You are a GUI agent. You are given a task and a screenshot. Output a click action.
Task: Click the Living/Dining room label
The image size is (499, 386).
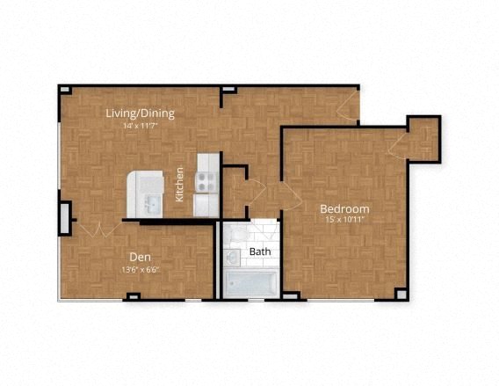140,113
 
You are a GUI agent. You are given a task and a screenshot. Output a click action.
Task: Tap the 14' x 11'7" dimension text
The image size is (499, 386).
140,126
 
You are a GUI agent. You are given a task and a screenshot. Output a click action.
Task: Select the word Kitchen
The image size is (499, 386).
179,185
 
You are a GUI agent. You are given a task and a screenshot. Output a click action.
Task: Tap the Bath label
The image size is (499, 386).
260,251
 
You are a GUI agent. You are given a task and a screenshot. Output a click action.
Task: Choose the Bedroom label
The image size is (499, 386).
344,208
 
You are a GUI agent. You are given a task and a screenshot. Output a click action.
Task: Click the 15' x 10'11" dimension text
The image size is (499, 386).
344,220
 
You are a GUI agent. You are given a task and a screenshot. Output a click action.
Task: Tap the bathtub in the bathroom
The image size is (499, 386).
251,283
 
